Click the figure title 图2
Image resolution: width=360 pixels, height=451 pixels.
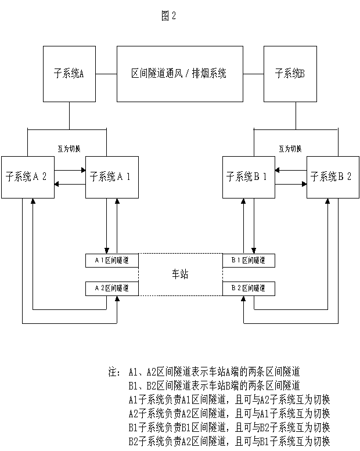click(168, 16)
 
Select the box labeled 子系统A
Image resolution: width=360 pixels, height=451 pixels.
click(69, 74)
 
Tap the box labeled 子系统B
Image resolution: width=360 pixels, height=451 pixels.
click(290, 74)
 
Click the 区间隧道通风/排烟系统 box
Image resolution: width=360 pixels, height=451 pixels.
click(179, 74)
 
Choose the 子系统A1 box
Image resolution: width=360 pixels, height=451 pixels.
click(111, 177)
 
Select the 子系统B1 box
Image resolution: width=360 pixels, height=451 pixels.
click(249, 177)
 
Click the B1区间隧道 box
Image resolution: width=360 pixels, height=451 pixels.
click(249, 261)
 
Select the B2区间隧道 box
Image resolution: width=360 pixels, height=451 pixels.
click(249, 288)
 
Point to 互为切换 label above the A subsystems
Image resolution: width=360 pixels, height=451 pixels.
click(69, 148)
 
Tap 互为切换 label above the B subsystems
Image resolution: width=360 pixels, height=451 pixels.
click(290, 148)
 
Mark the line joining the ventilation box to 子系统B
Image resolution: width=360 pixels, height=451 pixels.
click(253, 74)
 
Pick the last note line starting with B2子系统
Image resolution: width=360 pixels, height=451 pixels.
click(229, 441)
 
